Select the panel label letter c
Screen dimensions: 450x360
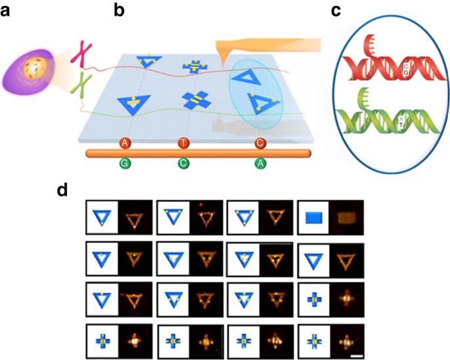click(x=336, y=11)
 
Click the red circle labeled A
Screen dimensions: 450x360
click(x=125, y=143)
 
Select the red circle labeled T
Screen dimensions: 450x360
click(x=183, y=143)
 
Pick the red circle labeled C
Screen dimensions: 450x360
click(x=260, y=143)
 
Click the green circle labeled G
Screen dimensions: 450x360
click(x=125, y=164)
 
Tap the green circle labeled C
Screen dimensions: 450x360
click(x=183, y=164)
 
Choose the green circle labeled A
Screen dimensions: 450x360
click(x=260, y=164)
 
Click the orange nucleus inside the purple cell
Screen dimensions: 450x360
click(x=35, y=68)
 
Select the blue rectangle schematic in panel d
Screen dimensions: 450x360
click(x=314, y=218)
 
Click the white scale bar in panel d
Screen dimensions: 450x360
click(x=357, y=356)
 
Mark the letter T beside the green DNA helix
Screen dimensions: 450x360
click(x=401, y=125)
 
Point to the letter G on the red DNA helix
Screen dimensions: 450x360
click(x=406, y=73)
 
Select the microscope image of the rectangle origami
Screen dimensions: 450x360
click(x=346, y=217)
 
